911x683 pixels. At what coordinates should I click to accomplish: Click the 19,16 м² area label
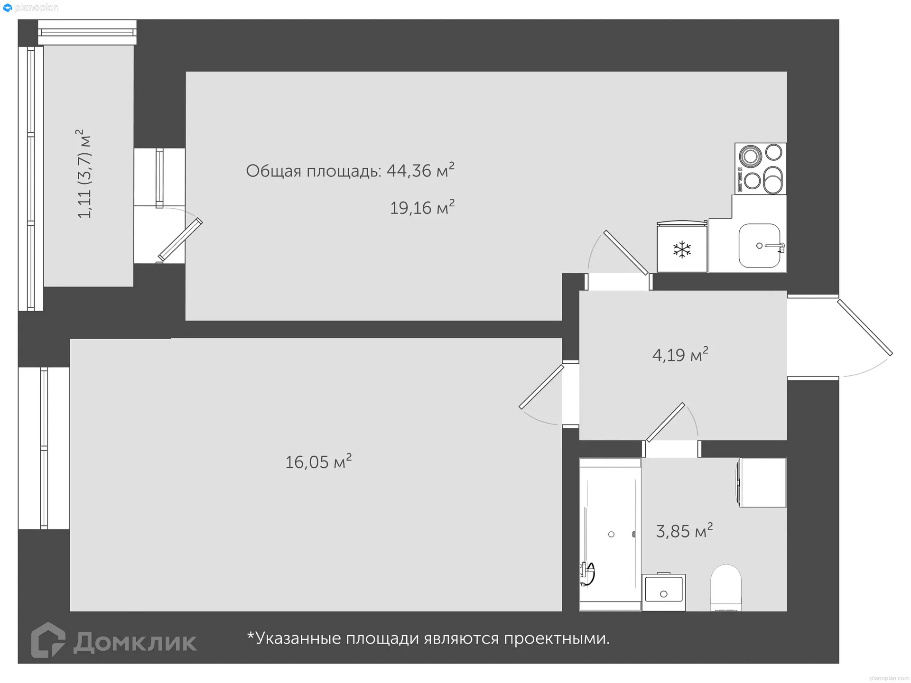(422, 208)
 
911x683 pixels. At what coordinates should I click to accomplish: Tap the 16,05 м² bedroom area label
(318, 462)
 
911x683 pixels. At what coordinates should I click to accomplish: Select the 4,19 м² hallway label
(680, 355)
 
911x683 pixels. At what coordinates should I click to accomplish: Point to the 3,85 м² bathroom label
(684, 531)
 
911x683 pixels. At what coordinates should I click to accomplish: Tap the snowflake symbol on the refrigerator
(682, 249)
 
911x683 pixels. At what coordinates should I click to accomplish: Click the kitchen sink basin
(759, 246)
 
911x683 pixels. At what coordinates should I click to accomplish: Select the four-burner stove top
(761, 169)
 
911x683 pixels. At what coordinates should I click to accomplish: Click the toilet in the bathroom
(726, 587)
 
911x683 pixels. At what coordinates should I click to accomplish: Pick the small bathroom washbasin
(663, 592)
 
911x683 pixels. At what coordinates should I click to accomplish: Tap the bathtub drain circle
(611, 535)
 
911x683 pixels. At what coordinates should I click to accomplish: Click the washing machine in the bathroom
(762, 482)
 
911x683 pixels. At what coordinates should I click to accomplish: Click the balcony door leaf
(180, 240)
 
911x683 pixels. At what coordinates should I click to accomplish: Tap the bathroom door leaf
(665, 422)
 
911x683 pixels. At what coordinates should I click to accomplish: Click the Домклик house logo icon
(48, 640)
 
